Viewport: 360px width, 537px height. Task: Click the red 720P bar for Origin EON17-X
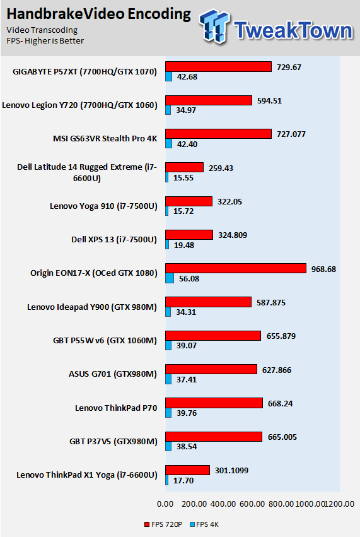[x=236, y=268]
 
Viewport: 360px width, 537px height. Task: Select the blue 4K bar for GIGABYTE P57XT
[x=169, y=77]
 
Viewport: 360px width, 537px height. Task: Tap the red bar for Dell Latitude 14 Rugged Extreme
[x=185, y=167]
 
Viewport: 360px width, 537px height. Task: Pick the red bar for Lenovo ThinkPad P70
[x=214, y=403]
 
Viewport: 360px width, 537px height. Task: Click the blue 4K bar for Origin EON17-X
[x=170, y=278]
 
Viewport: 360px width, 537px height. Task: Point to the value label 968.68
[x=323, y=269]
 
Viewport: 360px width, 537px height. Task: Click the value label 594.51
[x=269, y=101]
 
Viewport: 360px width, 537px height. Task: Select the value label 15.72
[x=183, y=211]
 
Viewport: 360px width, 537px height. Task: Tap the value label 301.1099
[x=231, y=471]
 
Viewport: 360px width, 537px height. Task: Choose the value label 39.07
[x=187, y=346]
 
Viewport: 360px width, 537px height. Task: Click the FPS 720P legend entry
[x=163, y=524]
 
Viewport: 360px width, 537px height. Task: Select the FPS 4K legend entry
[x=204, y=524]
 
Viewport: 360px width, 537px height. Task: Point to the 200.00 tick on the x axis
[x=194, y=504]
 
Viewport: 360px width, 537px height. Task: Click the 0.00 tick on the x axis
[x=165, y=504]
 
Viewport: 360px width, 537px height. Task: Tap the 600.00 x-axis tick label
[x=252, y=504]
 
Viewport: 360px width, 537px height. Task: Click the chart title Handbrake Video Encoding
[x=98, y=14]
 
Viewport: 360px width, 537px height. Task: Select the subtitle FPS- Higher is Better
[x=45, y=41]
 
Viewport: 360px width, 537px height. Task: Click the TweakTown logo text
[x=293, y=30]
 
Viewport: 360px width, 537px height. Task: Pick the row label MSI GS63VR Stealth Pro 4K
[x=105, y=138]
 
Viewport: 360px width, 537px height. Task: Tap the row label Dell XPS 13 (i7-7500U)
[x=114, y=239]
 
